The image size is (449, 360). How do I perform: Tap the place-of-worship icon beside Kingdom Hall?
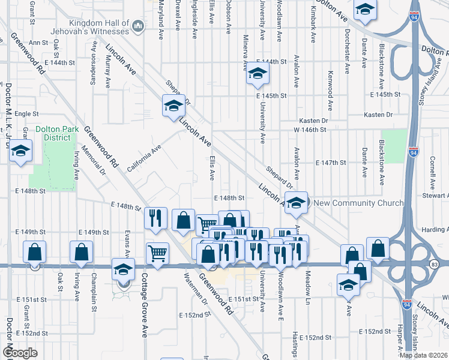138,26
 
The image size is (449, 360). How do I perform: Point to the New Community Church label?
359,203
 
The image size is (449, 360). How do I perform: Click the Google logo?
19,353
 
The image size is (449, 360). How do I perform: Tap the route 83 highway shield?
434,264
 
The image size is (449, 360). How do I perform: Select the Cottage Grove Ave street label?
144,306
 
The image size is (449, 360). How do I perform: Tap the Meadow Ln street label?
308,287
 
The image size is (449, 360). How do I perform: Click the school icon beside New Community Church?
296,202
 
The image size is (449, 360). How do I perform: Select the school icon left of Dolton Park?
20,152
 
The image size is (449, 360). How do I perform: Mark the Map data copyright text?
424,355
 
